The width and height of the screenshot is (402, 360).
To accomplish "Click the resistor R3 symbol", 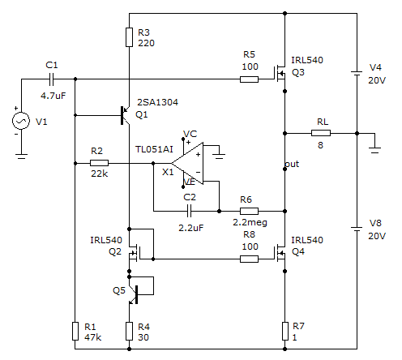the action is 129,37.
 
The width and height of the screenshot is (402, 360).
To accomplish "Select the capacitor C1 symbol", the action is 52,79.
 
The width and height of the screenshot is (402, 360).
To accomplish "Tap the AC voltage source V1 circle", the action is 21,121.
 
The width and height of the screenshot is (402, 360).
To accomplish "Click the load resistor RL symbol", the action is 321,133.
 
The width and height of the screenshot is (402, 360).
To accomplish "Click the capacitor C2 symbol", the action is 189,211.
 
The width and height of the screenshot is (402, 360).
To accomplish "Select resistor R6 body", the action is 249,211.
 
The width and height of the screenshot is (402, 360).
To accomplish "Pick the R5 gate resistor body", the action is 249,79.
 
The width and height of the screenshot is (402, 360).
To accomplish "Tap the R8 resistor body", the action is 249,259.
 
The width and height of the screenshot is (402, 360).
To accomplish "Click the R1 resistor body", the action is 75,331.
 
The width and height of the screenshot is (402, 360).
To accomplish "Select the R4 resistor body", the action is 129,331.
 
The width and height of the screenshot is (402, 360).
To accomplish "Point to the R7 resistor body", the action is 285,331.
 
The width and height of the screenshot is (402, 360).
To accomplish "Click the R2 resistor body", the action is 99,163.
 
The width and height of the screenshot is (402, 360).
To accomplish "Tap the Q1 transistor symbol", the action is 125,115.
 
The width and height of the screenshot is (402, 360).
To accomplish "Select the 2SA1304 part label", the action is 157,102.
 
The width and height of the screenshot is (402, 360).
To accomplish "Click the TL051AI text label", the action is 154,149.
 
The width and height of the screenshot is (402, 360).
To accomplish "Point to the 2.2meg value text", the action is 250,222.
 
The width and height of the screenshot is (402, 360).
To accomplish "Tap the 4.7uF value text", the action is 53,96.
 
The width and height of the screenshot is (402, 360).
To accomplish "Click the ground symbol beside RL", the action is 374,150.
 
